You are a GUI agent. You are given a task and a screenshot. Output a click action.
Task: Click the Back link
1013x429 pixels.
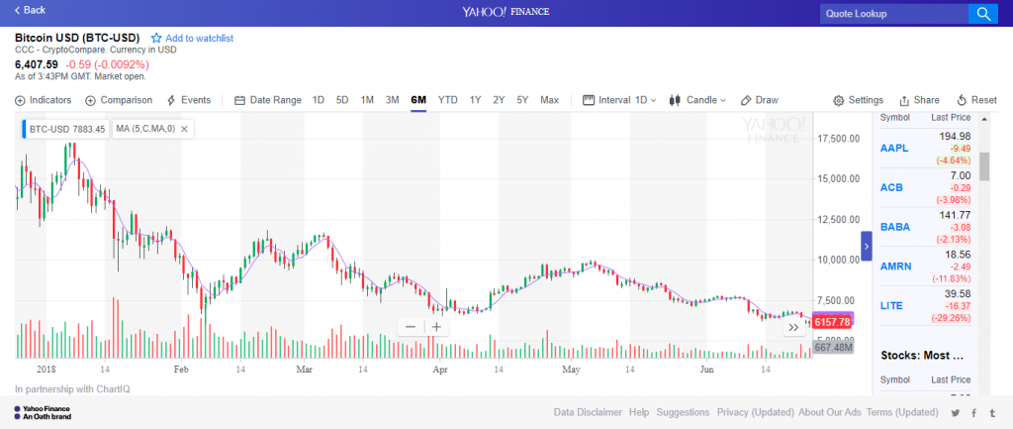[x=30, y=10]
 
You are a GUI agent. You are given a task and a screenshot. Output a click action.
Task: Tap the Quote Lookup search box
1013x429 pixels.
[x=891, y=14]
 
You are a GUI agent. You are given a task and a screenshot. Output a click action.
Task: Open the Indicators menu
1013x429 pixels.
[x=44, y=100]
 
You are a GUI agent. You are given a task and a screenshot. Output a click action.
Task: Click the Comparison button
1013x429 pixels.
[x=119, y=100]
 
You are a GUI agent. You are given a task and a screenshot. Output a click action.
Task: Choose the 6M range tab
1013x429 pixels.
[x=417, y=100]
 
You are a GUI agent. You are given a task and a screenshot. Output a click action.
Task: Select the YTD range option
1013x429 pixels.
[x=448, y=100]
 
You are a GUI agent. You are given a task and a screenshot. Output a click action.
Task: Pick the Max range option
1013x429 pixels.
[x=549, y=100]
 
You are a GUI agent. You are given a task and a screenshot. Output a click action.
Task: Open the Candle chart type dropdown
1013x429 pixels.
[x=698, y=100]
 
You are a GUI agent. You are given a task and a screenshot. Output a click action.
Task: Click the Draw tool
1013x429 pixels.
[x=760, y=100]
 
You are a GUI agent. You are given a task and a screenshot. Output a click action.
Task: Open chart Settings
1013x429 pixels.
[x=858, y=100]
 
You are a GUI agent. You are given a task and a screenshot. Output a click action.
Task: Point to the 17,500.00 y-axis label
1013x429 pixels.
[x=839, y=139]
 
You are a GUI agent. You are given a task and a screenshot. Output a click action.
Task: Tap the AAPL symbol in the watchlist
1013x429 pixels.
[x=893, y=148]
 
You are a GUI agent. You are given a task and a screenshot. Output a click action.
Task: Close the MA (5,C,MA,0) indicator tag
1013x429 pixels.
[x=184, y=129]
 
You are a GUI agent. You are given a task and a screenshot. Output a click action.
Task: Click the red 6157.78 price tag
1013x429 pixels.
[x=832, y=322]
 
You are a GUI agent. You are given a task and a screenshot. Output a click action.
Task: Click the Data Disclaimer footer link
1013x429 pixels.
[x=588, y=412]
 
